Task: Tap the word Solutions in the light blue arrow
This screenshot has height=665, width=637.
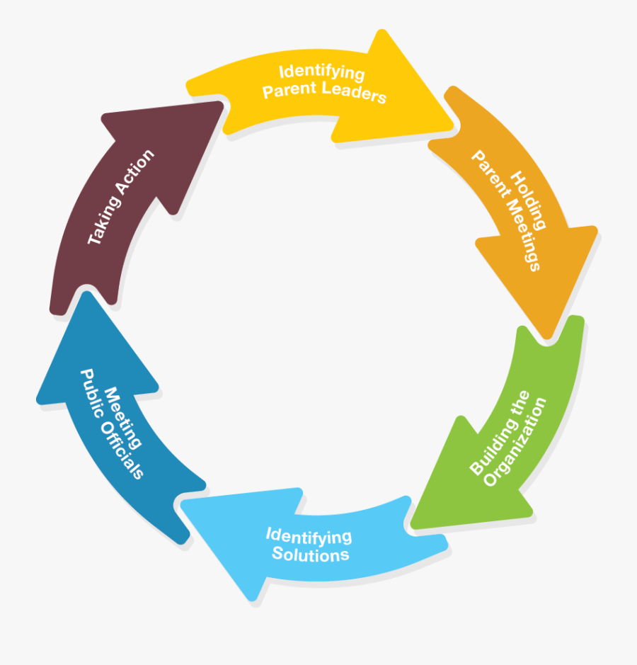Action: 311,554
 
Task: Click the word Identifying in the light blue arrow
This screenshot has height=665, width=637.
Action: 309,535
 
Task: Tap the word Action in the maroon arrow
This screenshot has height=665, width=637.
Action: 138,171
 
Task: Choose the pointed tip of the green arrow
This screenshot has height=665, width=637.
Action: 411,526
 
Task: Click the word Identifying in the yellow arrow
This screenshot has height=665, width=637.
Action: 321,72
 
